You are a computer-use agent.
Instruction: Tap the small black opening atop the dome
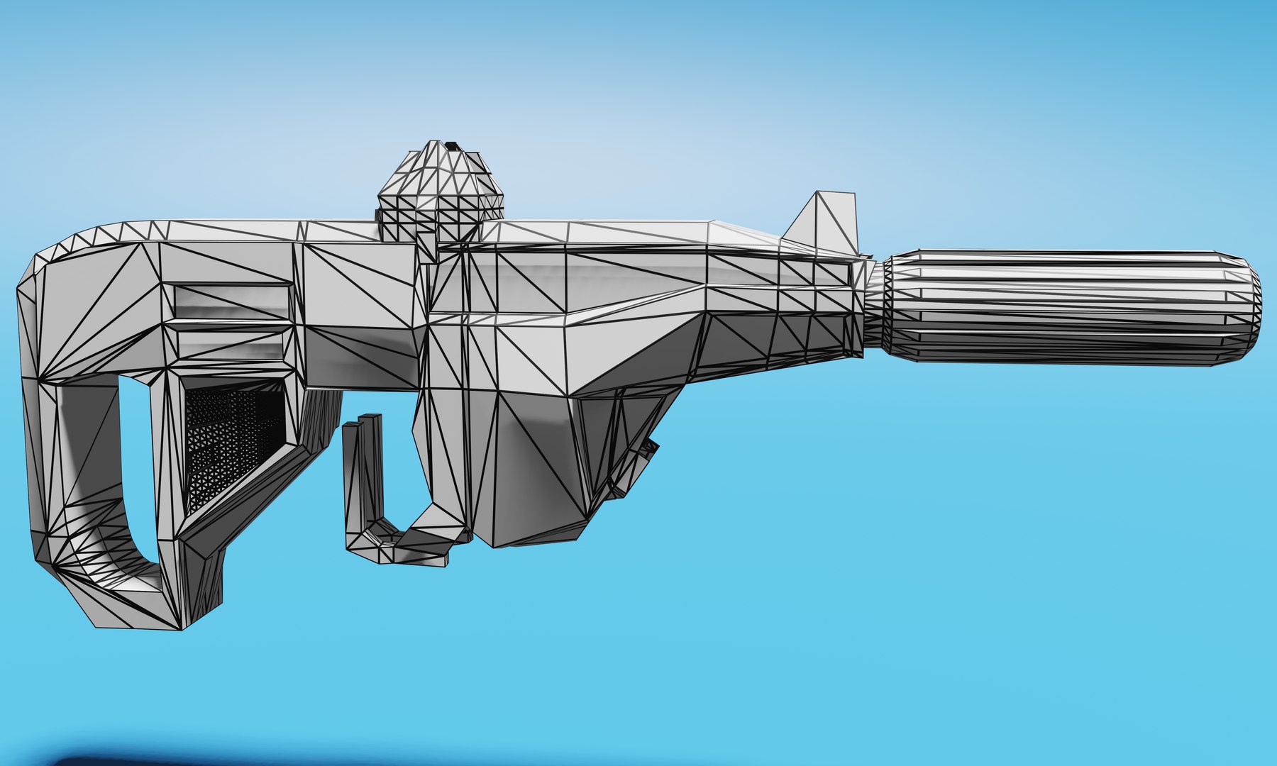click(451, 147)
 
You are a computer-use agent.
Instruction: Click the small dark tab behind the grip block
click(648, 450)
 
